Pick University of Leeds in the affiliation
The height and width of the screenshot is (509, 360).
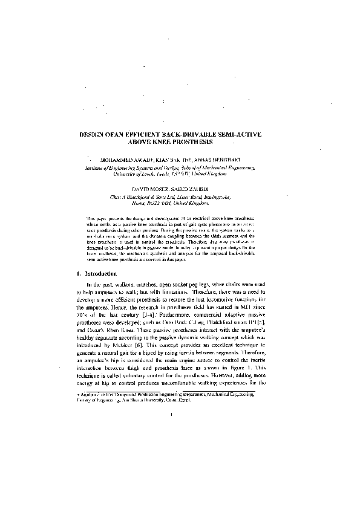[x=131, y=174]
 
